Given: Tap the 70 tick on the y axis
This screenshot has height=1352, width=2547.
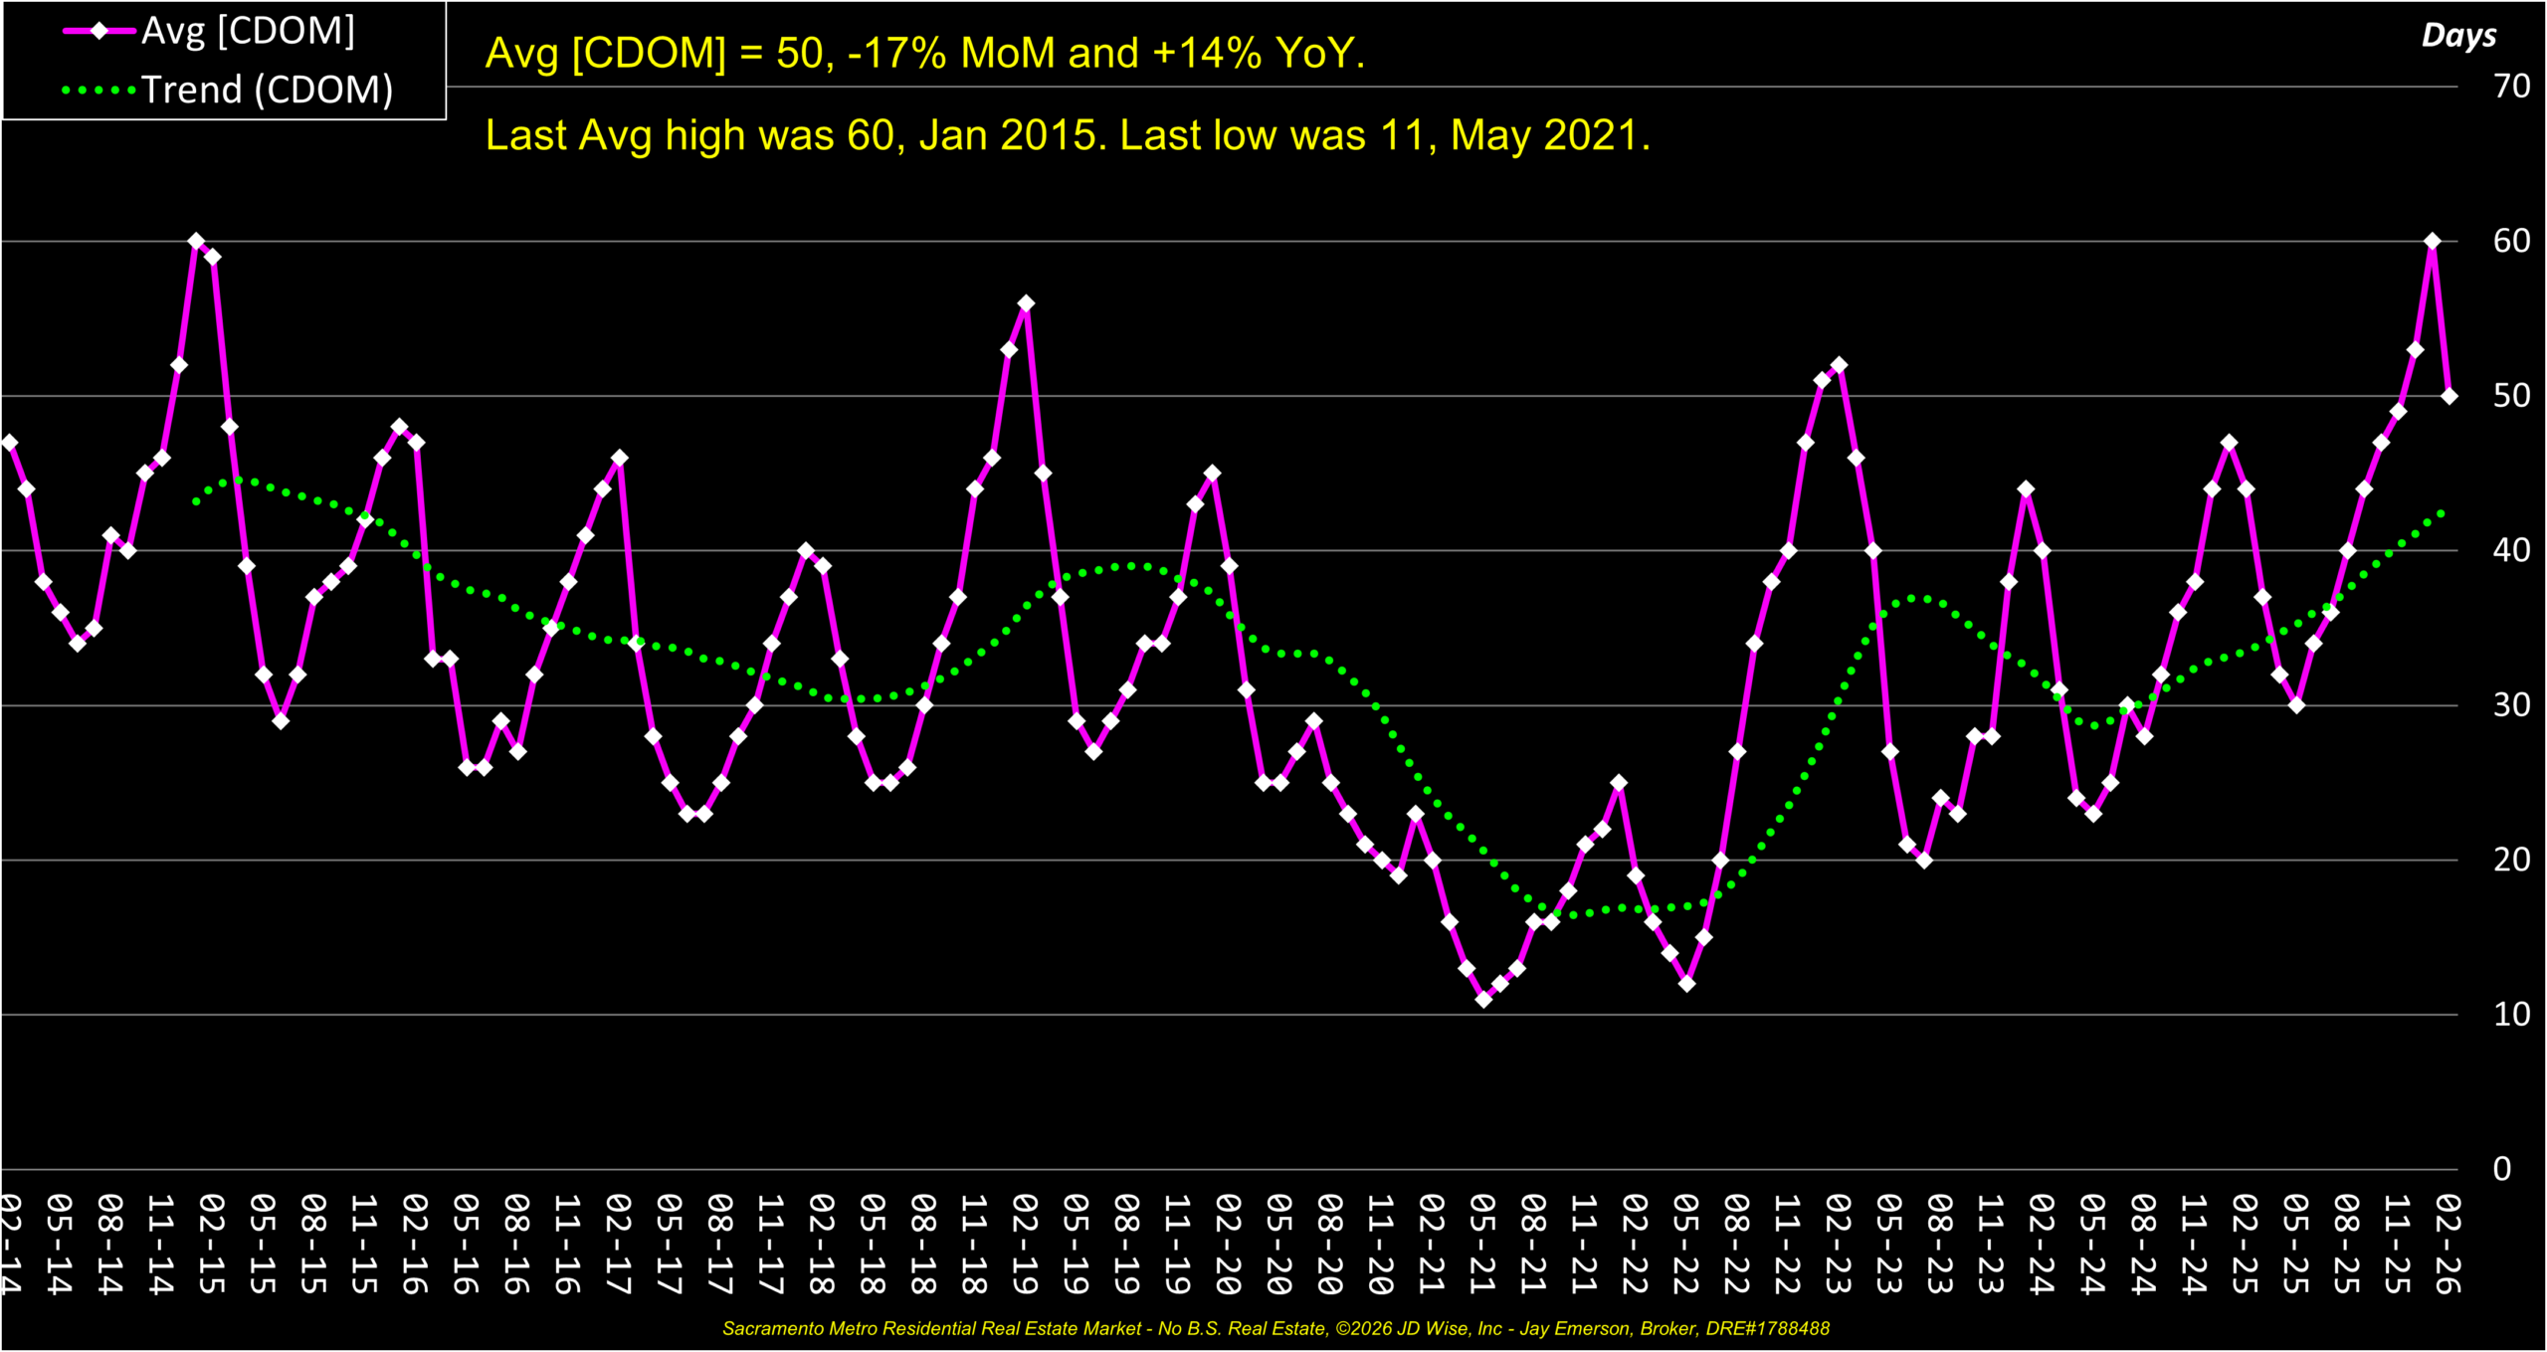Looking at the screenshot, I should pyautogui.click(x=2511, y=87).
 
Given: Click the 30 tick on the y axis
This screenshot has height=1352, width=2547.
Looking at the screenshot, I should pyautogui.click(x=2511, y=705).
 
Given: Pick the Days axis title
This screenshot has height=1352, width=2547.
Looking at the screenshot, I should pyautogui.click(x=2458, y=36).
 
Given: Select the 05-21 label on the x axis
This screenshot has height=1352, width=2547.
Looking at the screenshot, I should pyautogui.click(x=1483, y=1244).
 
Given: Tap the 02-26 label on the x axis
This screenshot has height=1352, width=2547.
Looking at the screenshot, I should pyautogui.click(x=2449, y=1244).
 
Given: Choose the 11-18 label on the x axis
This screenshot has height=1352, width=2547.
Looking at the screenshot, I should pyautogui.click(x=974, y=1244).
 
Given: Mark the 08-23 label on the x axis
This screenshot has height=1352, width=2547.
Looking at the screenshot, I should pyautogui.click(x=1940, y=1244).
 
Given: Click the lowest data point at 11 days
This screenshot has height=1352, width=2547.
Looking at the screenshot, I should pyautogui.click(x=1483, y=999).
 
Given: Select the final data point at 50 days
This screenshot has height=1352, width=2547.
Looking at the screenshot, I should pyautogui.click(x=2449, y=396).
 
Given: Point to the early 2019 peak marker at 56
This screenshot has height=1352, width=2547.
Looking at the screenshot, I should pyautogui.click(x=1026, y=303).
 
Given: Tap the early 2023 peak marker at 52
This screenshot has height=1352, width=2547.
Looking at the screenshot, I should pyautogui.click(x=1839, y=365).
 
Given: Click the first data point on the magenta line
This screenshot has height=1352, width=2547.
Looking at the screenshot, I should pyautogui.click(x=9, y=443).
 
